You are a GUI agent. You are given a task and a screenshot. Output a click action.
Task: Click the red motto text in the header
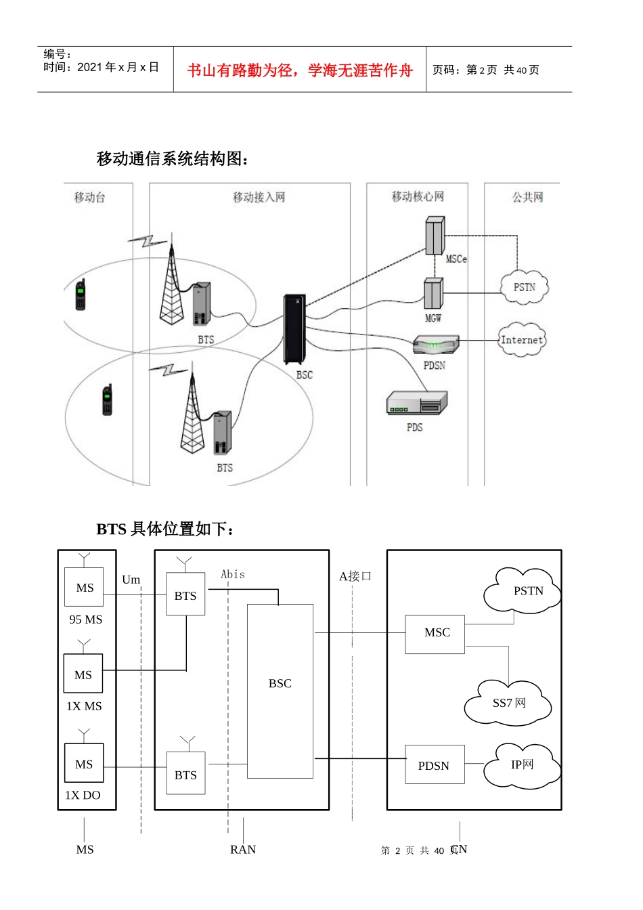tap(299, 70)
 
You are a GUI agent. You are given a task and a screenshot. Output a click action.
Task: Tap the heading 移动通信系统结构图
tap(173, 158)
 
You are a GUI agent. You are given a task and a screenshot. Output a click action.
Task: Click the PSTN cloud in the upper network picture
tap(524, 287)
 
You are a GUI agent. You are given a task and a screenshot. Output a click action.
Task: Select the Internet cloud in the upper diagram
tap(521, 340)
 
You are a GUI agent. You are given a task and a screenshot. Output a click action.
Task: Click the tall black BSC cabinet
tap(294, 329)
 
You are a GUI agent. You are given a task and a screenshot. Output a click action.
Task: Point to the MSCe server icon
tap(435, 235)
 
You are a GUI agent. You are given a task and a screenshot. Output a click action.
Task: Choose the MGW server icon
tap(433, 293)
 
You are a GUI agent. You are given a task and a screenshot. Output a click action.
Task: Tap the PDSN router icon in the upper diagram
tap(436, 345)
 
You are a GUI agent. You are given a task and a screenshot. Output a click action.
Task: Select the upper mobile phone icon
tap(81, 295)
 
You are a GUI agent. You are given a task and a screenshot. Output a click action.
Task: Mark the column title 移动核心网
tap(418, 196)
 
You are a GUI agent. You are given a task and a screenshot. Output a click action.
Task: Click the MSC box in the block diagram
tap(435, 634)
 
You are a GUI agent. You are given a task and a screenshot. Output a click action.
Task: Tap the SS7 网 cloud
tap(508, 703)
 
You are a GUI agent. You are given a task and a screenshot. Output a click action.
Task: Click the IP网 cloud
tap(522, 765)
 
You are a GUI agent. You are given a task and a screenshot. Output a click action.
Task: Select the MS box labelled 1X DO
tap(84, 764)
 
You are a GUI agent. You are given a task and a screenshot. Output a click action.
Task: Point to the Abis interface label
tap(233, 574)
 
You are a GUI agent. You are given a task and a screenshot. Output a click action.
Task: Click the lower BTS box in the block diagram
tap(185, 774)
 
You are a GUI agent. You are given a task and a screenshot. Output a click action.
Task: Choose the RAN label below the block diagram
tap(243, 850)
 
